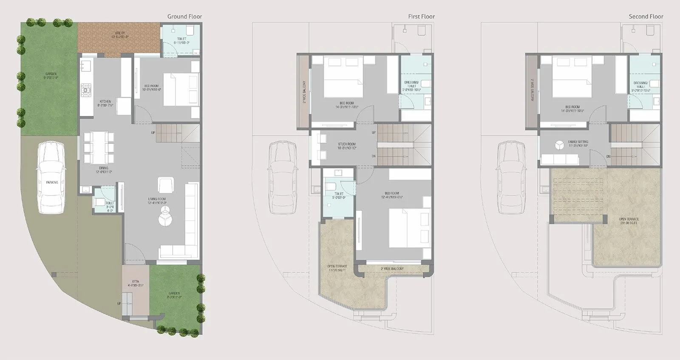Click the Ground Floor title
(184, 17)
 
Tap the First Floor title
(421, 17)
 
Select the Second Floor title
(646, 17)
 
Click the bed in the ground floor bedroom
(181, 90)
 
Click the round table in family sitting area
(559, 145)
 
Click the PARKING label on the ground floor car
(52, 182)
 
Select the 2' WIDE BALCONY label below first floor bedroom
(392, 269)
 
